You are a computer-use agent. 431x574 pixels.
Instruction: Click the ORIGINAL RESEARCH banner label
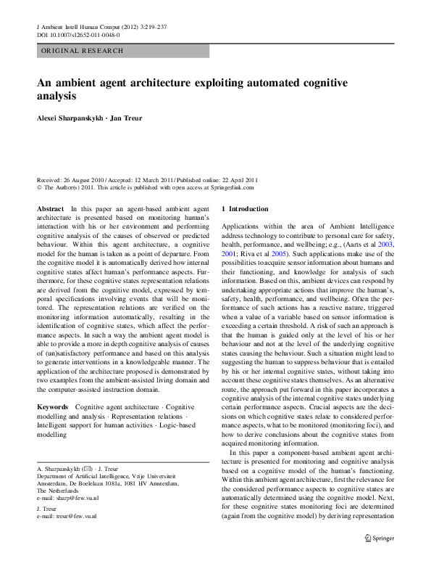pyautogui.click(x=82, y=51)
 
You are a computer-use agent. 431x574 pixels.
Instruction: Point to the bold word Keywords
pyautogui.click(x=53, y=407)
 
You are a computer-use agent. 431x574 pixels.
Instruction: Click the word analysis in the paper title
pyautogui.click(x=57, y=96)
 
